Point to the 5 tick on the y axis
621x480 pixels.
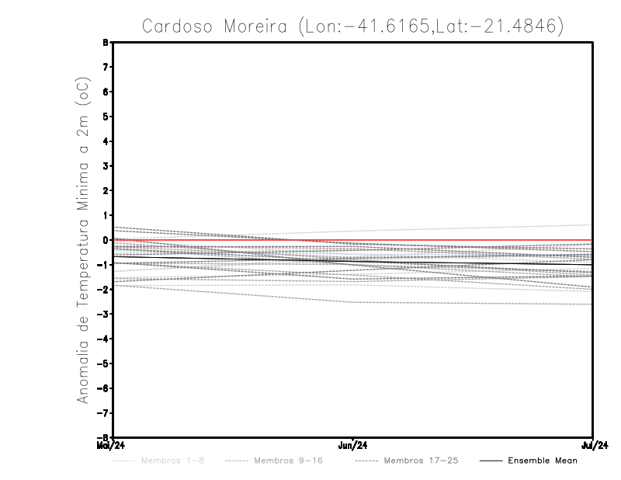click(107, 117)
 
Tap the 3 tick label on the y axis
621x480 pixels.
click(107, 165)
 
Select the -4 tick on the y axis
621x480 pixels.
click(106, 339)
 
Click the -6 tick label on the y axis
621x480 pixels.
click(106, 388)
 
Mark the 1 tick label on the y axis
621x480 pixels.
click(107, 215)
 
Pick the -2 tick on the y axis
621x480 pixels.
click(106, 289)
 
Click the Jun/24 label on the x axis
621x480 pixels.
click(353, 446)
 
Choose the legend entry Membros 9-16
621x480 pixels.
click(287, 461)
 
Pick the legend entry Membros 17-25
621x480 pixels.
click(421, 461)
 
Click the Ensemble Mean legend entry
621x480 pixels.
click(543, 461)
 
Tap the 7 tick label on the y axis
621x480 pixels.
click(107, 67)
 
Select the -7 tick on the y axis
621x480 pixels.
click(106, 412)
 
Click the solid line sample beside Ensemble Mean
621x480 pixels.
click(491, 461)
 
